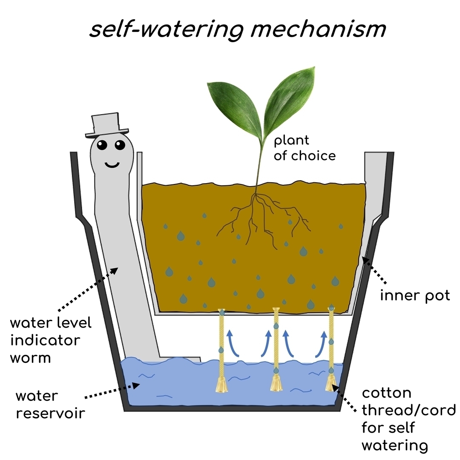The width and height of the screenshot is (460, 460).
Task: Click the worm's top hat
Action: [106, 125]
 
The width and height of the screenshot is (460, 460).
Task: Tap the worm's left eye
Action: [102, 146]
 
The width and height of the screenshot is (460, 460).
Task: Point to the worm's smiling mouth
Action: [112, 164]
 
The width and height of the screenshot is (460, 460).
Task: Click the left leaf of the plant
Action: [232, 104]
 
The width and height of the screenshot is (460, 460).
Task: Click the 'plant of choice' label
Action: [304, 148]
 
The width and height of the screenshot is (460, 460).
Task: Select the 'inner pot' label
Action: [415, 295]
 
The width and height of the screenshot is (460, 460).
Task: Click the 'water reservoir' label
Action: [50, 405]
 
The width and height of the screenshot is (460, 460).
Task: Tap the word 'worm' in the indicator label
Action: [31, 358]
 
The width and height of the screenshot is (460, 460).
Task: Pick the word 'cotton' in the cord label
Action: [387, 393]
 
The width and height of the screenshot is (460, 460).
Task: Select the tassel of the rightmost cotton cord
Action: [331, 384]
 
